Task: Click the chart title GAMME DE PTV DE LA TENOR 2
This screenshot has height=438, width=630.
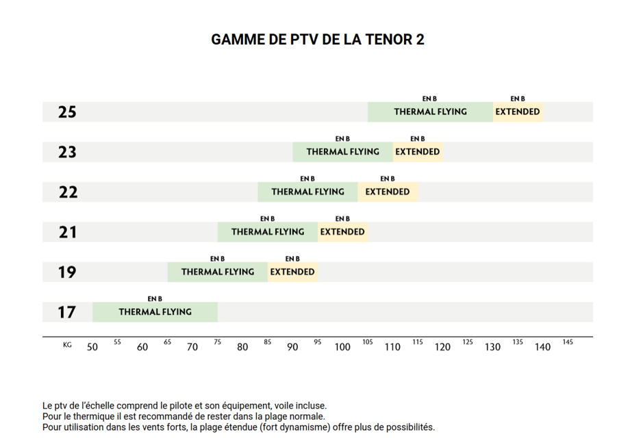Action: (x=318, y=40)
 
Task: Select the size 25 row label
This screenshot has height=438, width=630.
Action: (x=67, y=112)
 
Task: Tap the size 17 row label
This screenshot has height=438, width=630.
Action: (x=66, y=313)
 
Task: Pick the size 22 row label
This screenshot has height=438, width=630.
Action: (x=68, y=192)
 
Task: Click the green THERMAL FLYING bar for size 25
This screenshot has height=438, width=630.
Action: (x=430, y=112)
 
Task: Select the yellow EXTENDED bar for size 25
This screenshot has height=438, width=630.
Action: (x=518, y=112)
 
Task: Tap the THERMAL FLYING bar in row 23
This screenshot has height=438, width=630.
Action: (x=342, y=152)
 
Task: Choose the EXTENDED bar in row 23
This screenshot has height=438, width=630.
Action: (x=418, y=152)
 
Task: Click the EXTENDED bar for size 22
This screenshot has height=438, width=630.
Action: (x=388, y=192)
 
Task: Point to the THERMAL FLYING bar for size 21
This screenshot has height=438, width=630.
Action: (x=268, y=232)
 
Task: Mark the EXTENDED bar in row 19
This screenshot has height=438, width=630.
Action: (x=292, y=272)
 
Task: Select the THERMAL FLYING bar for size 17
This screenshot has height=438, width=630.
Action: (x=155, y=312)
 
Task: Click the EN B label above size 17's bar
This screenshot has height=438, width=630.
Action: (x=155, y=299)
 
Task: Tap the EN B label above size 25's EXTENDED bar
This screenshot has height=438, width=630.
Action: (x=518, y=99)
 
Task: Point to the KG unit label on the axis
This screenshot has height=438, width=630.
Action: (x=67, y=345)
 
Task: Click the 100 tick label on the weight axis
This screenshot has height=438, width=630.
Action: (x=342, y=347)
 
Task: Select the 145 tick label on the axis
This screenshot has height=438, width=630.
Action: (x=568, y=342)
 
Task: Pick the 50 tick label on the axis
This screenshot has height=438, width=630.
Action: (x=92, y=347)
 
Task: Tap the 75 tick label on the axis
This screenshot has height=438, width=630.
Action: (x=218, y=342)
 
